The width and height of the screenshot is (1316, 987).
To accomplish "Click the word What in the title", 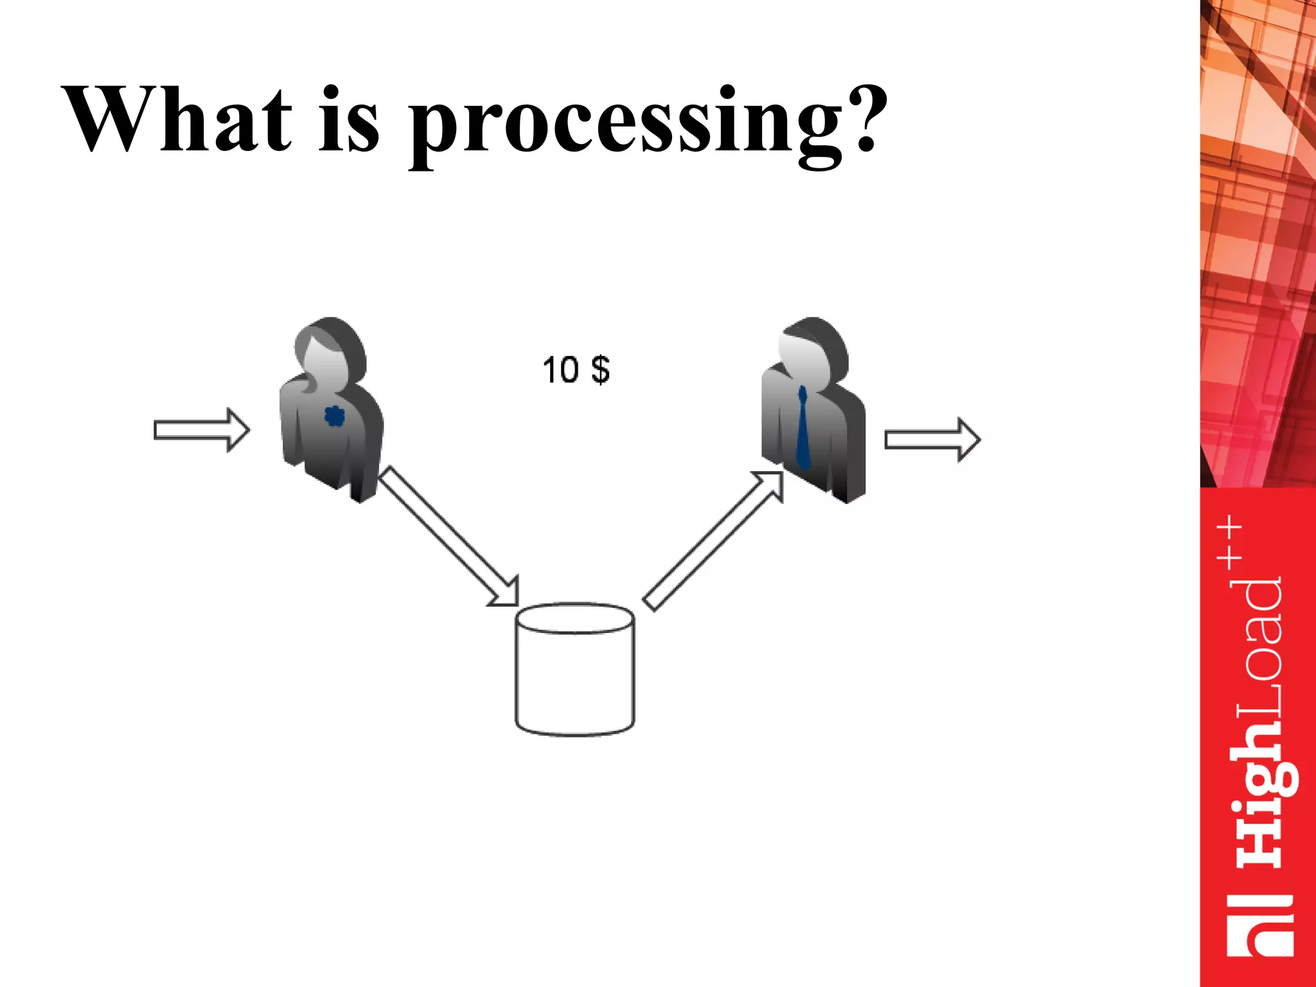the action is tap(177, 120).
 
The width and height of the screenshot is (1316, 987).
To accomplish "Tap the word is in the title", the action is tap(349, 120).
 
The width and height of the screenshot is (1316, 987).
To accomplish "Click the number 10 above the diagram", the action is tap(560, 370).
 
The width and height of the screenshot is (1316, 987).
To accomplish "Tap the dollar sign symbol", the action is tap(600, 370).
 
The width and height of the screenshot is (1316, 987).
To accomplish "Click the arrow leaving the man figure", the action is tap(932, 440).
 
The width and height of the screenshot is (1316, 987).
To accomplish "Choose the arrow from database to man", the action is tap(713, 540).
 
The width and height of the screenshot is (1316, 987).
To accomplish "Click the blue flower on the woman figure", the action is tap(334, 416).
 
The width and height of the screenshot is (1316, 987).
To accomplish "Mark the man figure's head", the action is tap(813, 350).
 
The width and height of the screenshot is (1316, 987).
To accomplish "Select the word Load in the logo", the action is tap(1259, 649).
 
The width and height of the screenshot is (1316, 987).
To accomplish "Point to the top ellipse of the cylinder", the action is tap(575, 618).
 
